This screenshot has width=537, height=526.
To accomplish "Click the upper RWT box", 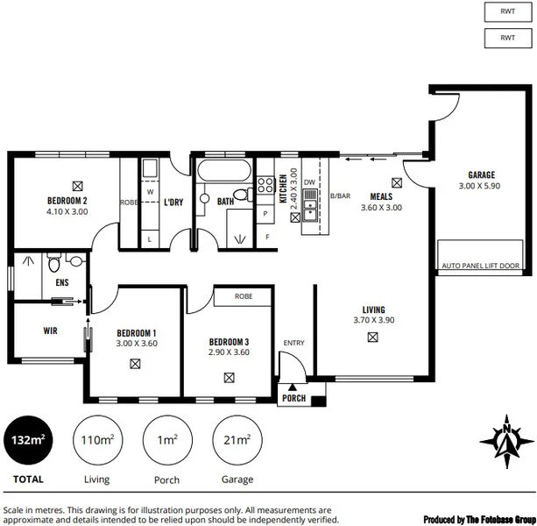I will click(x=507, y=11).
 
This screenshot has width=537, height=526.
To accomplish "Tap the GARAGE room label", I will click(x=481, y=175).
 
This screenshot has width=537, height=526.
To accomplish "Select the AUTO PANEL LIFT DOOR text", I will click(x=481, y=266).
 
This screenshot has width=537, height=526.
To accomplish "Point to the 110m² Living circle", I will click(x=96, y=440).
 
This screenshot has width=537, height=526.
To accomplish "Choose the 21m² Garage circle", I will click(x=237, y=440).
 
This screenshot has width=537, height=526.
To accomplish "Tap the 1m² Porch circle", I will click(x=166, y=440).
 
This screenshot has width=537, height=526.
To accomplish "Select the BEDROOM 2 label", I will click(x=68, y=201).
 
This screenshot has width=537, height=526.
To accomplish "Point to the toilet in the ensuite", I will click(x=55, y=262).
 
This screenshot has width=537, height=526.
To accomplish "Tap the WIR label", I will click(x=50, y=331).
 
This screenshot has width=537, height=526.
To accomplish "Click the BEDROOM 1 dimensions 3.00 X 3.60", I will click(x=136, y=344).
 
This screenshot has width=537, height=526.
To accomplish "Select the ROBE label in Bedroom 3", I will click(x=244, y=297).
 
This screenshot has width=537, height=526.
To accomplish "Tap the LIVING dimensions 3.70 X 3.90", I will click(x=374, y=320).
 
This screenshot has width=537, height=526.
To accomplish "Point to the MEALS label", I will click(x=381, y=196).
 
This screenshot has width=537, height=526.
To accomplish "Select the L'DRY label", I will click(x=173, y=203).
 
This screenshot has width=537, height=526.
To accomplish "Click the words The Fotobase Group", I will click(x=496, y=519).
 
